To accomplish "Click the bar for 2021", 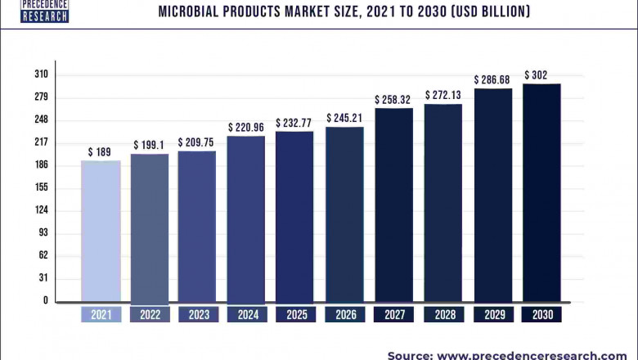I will pos(101,231).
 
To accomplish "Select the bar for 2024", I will pos(246,218).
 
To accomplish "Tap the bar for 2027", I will pos(393,205).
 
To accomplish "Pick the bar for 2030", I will pos(541,192).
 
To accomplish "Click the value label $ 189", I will pos(101,152).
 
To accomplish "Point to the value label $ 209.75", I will pos(196,142).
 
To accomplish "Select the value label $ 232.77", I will pos(294,123).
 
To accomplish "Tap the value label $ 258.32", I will pos(393,100).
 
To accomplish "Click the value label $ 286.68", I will pos(492,79).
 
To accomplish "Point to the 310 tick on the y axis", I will pos(41,74).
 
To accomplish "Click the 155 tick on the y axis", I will pos(41,187).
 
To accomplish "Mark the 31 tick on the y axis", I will pos(43,278).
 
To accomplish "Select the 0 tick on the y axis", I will pos(46,300).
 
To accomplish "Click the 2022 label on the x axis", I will pos(150,314).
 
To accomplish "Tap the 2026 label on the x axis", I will pos(344,314).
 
